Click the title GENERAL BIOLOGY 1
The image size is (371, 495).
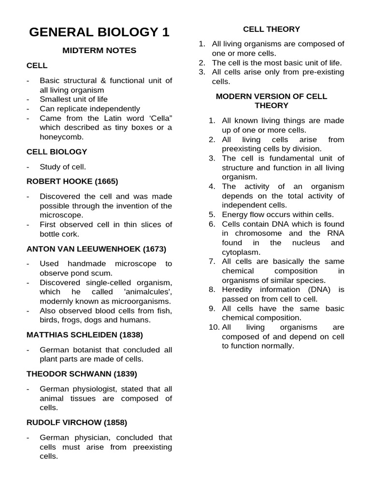coord(100,32)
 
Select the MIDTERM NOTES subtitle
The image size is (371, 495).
coord(100,50)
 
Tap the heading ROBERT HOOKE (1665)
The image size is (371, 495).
coord(72,181)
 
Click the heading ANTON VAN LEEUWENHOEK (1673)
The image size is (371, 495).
coord(96,249)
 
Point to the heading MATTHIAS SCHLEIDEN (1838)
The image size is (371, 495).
coord(85,335)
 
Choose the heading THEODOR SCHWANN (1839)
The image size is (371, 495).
coord(82,374)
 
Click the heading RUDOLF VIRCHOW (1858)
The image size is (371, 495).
coord(77,422)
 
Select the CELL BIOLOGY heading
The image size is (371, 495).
coord(57,152)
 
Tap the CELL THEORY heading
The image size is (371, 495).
coord(271,29)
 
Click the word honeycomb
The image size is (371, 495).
coord(61,137)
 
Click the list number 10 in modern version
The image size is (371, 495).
coord(214,327)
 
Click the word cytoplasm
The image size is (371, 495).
coord(241,252)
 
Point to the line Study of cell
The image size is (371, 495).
coord(63,167)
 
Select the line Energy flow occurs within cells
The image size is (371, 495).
coord(278,214)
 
